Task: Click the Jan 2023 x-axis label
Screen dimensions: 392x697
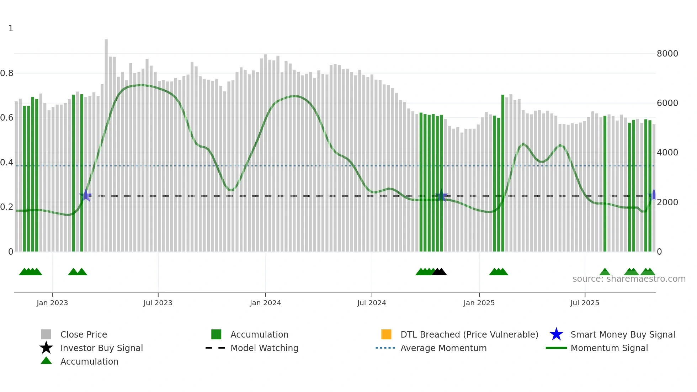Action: pyautogui.click(x=52, y=303)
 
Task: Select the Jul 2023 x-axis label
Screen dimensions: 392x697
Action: pyautogui.click(x=158, y=303)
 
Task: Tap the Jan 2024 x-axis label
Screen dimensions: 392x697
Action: pyautogui.click(x=265, y=303)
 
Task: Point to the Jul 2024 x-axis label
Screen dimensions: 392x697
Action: pyautogui.click(x=372, y=303)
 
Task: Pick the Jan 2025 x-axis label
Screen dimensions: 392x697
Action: pyautogui.click(x=479, y=303)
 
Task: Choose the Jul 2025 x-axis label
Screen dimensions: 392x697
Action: pyautogui.click(x=585, y=303)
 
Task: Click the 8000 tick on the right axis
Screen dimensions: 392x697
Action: pyautogui.click(x=667, y=54)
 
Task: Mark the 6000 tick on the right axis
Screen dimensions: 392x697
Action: pyautogui.click(x=667, y=103)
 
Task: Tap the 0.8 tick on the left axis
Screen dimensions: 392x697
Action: pyautogui.click(x=7, y=73)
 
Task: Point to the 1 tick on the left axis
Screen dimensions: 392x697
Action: pyautogui.click(x=11, y=28)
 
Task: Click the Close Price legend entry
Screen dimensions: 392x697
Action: pyautogui.click(x=84, y=334)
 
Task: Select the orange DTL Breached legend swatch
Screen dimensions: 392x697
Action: pyautogui.click(x=386, y=334)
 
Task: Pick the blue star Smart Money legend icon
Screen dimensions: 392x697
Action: pyautogui.click(x=556, y=334)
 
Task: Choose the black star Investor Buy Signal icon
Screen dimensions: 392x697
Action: pyautogui.click(x=46, y=348)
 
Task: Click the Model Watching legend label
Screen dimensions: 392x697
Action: pyautogui.click(x=264, y=348)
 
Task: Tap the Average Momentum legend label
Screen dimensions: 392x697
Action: pyautogui.click(x=443, y=348)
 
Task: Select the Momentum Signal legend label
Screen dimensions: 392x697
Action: pyautogui.click(x=609, y=348)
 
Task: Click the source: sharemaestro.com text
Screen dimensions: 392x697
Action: pyautogui.click(x=629, y=279)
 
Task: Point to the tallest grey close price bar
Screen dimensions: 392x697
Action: pyautogui.click(x=106, y=142)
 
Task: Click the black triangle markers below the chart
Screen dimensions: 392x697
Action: pyautogui.click(x=440, y=272)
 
